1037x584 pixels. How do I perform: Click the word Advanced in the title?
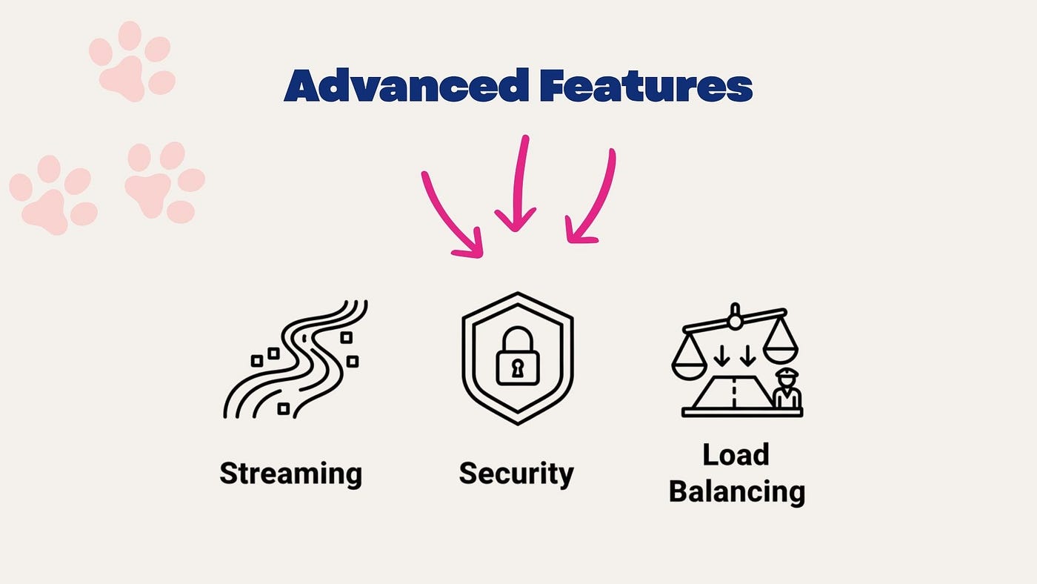coord(407,84)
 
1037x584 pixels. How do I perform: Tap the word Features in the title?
coord(646,86)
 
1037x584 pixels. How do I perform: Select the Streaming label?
coord(290,474)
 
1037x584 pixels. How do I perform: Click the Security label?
coord(516,474)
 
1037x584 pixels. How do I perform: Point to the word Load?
coord(736,455)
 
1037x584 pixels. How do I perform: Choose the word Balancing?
coord(737,492)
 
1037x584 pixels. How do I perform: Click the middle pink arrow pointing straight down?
coord(518,183)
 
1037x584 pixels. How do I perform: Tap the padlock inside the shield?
coord(518,356)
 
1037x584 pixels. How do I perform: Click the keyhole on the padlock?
coord(517,368)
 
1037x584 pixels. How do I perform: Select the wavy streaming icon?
coord(296,359)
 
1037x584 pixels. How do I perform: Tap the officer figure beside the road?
coord(787,388)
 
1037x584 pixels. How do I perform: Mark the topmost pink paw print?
coord(132,61)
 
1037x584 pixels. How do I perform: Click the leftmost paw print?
coord(53,194)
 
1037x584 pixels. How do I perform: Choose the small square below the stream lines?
coord(283,408)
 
